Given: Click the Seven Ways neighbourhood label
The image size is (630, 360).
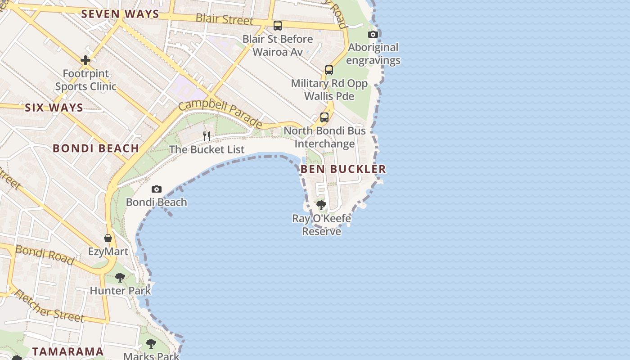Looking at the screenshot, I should [120, 14].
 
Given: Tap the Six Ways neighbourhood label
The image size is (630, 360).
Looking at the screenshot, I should [54, 108].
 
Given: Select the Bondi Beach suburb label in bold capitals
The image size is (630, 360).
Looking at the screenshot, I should [96, 148].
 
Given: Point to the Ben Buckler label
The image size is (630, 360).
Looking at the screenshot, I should [343, 169].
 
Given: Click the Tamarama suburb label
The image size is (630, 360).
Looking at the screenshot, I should [68, 351].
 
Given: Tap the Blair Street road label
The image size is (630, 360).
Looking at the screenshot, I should [225, 19].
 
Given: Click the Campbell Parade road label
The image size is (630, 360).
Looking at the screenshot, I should [220, 114].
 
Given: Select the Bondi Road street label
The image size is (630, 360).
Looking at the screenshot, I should [45, 255].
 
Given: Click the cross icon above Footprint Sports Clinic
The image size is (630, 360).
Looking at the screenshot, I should [85, 60].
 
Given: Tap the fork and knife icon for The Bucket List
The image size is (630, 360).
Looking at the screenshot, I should [207, 135].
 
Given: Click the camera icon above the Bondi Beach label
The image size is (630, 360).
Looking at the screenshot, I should [157, 189].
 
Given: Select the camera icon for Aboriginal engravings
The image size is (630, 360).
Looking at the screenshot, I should [373, 35].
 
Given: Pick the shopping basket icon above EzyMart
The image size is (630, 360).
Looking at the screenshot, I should [108, 238].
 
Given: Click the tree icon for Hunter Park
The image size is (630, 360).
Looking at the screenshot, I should [120, 277].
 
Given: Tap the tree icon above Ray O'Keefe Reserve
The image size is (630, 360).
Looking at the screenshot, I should [321, 205].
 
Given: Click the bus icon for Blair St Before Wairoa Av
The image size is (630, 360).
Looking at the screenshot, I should [278, 25].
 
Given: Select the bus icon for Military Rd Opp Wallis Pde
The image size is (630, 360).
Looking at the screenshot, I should [329, 70].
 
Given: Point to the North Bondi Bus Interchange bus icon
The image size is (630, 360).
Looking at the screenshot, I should [324, 117].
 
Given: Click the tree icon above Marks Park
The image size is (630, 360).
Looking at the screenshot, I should [151, 344].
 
